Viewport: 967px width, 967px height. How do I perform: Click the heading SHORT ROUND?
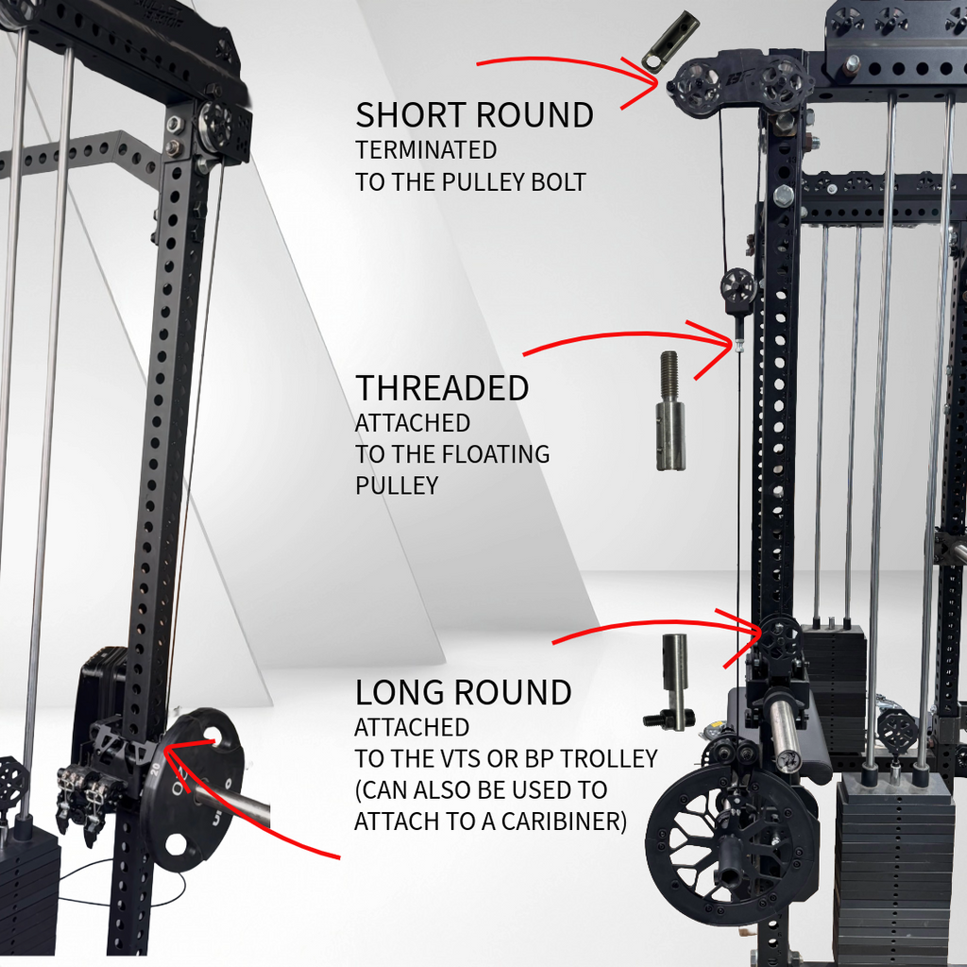tap(474, 115)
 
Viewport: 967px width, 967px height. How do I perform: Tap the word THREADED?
tap(442, 388)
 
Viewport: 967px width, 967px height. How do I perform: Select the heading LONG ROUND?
tap(463, 692)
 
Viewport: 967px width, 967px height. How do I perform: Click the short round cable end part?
tap(670, 41)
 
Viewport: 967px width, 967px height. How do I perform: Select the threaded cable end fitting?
tap(670, 411)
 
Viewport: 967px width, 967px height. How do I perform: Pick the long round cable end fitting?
tap(672, 682)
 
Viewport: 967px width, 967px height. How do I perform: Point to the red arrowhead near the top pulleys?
tap(649, 82)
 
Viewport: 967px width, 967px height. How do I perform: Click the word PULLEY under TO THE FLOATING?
tap(397, 485)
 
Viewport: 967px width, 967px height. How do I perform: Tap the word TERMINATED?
tap(426, 150)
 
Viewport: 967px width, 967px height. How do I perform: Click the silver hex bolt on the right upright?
tap(783, 195)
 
